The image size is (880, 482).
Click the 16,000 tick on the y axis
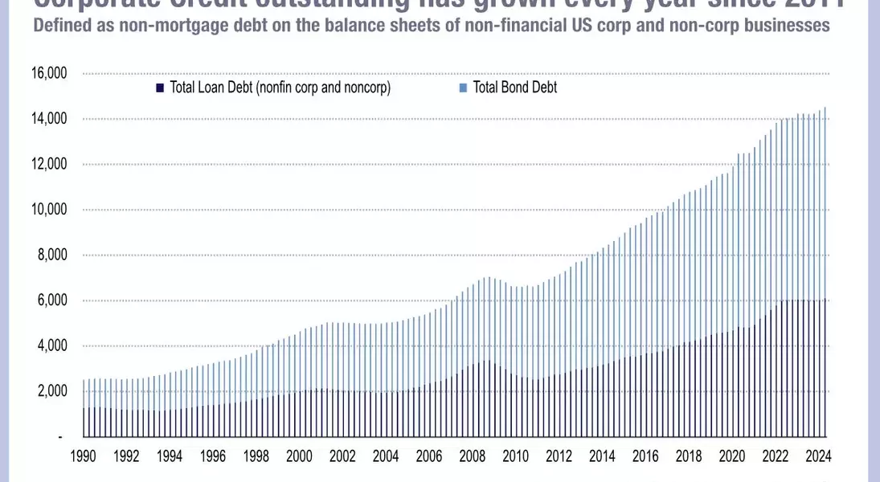(49, 74)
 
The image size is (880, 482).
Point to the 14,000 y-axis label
(49, 119)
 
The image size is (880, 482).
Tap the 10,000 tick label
(49, 210)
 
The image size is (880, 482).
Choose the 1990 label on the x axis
(84, 456)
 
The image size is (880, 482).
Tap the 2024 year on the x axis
(818, 456)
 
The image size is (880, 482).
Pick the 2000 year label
(300, 456)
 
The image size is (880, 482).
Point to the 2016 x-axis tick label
(645, 456)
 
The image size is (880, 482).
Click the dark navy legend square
(161, 88)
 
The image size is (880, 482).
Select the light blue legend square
(462, 88)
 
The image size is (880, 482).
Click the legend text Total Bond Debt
(515, 88)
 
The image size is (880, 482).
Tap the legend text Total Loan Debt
(280, 88)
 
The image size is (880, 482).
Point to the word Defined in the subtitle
(59, 26)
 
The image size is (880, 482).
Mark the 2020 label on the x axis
(732, 456)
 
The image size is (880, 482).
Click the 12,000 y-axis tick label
(49, 165)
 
